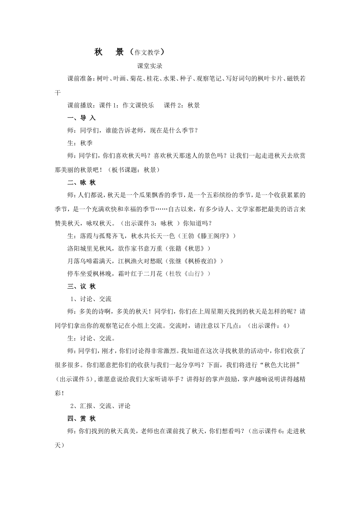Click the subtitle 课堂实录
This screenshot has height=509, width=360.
150,66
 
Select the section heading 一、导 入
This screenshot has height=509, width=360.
81,118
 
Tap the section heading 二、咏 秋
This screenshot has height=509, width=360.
81,183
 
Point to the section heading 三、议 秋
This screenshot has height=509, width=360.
81,287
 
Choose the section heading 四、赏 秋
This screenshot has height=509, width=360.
81,418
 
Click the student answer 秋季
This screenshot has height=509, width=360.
86,143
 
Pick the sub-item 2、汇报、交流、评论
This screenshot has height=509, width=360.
100,406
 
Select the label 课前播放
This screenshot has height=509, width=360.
80,106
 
